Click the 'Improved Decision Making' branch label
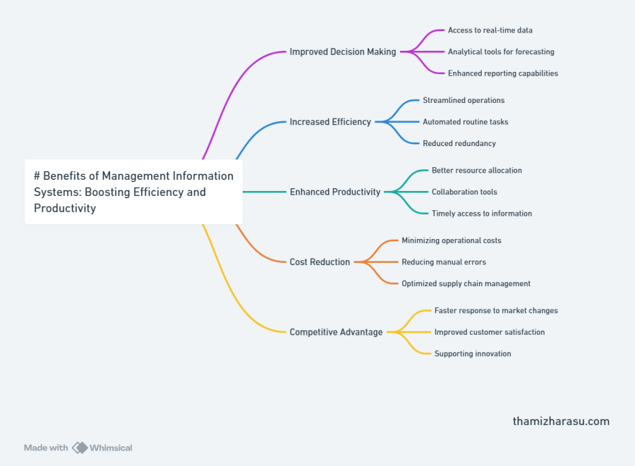(343, 51)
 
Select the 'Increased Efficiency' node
(330, 122)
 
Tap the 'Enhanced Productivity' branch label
(335, 192)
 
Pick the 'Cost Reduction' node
(320, 262)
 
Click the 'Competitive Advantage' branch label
(336, 332)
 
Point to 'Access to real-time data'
(490, 30)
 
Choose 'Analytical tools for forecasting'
(501, 51)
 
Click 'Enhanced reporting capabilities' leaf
(503, 73)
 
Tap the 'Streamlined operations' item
(464, 100)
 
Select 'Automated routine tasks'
(466, 122)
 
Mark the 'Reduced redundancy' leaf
(459, 143)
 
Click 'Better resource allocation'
(477, 171)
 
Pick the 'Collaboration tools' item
(464, 192)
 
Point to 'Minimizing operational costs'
(452, 240)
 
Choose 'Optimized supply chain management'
(466, 283)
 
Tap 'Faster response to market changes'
(496, 310)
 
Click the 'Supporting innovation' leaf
(473, 353)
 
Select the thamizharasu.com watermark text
(561, 422)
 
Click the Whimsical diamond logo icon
(80, 448)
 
